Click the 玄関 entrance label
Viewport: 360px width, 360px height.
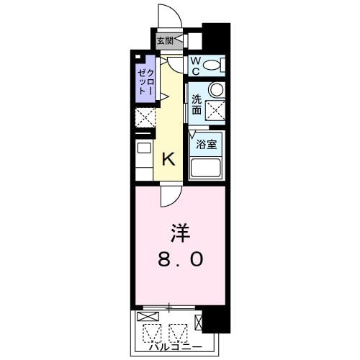(165, 41)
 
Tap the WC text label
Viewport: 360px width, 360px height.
(194, 66)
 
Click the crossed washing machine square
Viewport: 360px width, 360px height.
(215, 110)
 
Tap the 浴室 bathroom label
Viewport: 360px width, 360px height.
(207, 144)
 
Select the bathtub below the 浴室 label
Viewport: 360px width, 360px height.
(206, 168)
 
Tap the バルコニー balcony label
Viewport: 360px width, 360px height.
(177, 348)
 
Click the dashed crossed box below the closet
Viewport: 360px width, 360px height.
(144, 117)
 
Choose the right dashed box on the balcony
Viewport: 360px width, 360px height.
(178, 332)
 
